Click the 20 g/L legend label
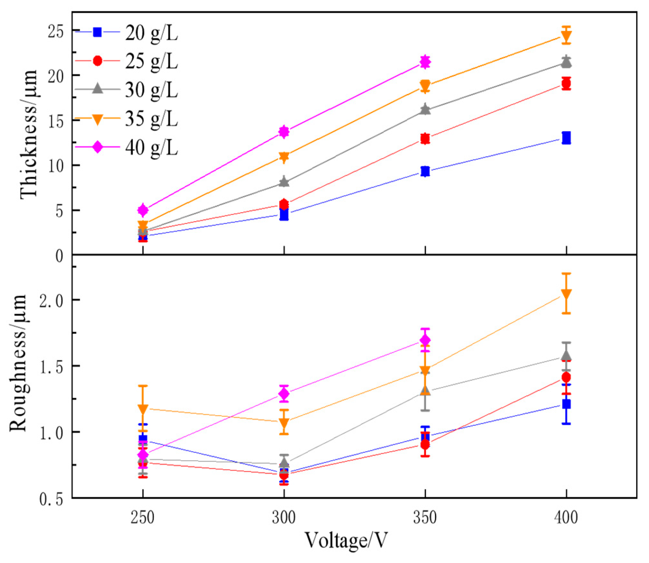coord(151,33)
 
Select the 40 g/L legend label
coord(151,148)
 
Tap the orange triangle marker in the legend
coord(97,120)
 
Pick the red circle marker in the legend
coord(97,61)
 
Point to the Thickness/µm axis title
coord(28,134)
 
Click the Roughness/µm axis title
coord(18,362)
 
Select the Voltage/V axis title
coord(346,540)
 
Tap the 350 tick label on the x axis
coord(425,518)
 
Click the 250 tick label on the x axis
coord(143,518)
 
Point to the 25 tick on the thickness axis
coord(56,32)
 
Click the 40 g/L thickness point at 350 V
coord(425,62)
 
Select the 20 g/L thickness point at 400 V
coord(566,138)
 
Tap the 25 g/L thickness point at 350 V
coord(425,139)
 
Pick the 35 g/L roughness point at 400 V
coord(566,294)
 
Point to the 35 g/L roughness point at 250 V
coord(143,409)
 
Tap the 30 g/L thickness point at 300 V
coord(284,182)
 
